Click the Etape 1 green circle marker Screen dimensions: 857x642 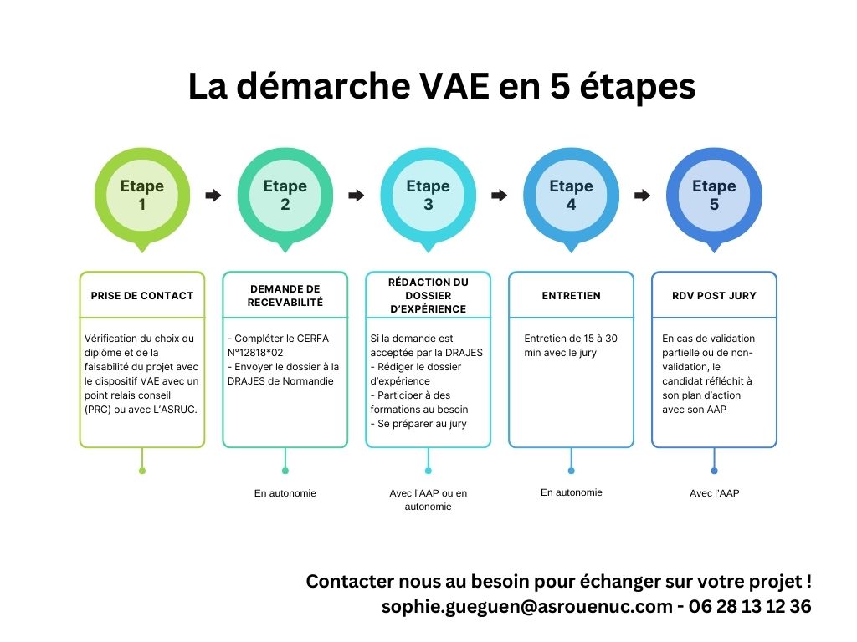click(x=142, y=195)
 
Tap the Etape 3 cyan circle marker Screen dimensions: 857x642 click(x=428, y=195)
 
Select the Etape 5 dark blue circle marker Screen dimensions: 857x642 click(x=714, y=195)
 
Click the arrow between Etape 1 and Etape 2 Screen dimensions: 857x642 click(x=213, y=195)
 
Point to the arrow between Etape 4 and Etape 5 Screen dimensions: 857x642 click(x=642, y=195)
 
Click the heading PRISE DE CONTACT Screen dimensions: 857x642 click(x=142, y=296)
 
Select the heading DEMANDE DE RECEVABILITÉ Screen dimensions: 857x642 click(x=285, y=295)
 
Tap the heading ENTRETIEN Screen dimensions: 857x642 click(x=571, y=296)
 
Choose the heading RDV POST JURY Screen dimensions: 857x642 click(x=714, y=296)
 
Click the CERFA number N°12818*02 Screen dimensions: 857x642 click(x=255, y=353)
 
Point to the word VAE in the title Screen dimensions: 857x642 click(x=454, y=86)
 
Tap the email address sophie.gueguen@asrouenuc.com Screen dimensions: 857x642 click(x=527, y=607)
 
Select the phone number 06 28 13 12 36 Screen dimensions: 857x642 click(x=750, y=607)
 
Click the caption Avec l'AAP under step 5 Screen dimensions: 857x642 click(x=715, y=493)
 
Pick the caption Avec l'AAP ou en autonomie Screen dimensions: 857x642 click(x=428, y=500)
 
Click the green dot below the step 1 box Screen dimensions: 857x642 click(x=142, y=471)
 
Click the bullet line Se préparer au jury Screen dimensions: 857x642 click(x=418, y=424)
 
